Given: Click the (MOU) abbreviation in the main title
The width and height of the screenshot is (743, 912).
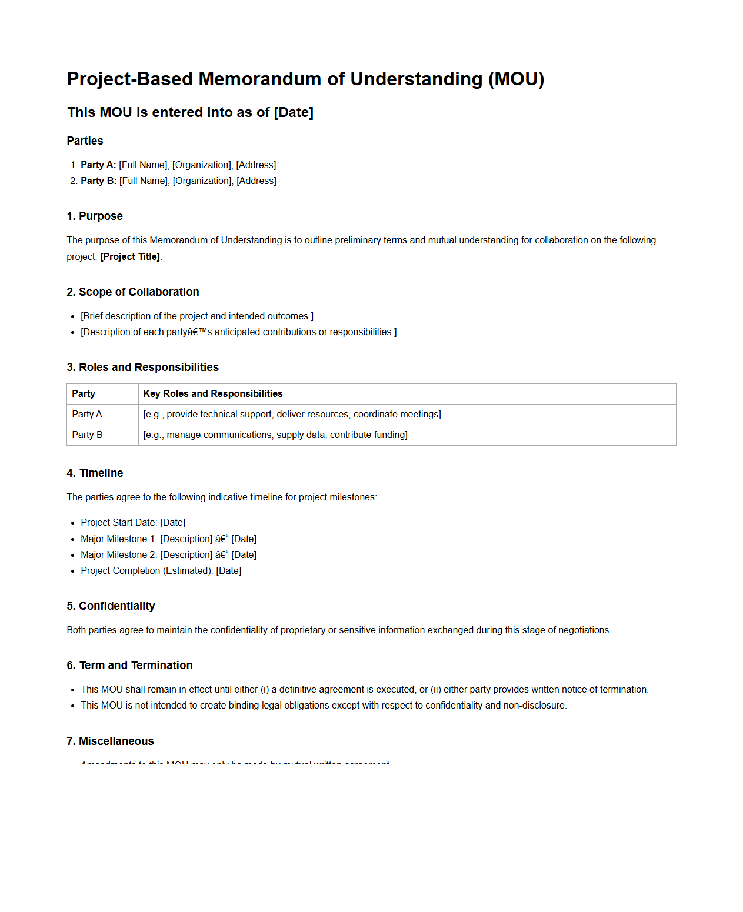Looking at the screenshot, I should tap(516, 79).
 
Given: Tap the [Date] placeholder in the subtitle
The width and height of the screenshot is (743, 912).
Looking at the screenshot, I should tap(293, 112).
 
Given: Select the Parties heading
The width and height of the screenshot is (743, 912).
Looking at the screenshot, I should tap(85, 141).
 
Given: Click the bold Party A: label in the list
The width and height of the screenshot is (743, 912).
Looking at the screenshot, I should tap(98, 165).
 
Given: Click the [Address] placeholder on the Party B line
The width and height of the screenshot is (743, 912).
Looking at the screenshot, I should tap(256, 181).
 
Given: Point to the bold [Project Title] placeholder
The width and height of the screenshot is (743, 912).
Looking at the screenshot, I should tap(130, 257).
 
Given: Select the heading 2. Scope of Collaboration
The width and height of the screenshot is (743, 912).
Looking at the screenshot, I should tap(132, 292).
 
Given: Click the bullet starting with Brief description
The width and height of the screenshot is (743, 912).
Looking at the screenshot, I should tap(196, 316).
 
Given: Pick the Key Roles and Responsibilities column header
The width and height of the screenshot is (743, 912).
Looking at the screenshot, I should tap(212, 394).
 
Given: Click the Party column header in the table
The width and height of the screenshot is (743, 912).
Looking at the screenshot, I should tap(84, 394).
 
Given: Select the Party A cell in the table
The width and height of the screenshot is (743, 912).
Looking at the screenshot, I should tap(87, 415).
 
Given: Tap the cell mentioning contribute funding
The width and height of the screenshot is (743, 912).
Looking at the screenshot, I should tap(275, 435).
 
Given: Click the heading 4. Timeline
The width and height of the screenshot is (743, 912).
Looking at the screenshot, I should tap(95, 473).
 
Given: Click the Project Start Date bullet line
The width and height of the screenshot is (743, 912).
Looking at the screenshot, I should tap(132, 523).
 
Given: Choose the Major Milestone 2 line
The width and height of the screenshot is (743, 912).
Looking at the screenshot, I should tap(168, 555).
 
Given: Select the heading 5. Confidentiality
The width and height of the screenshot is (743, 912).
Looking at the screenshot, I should tap(111, 606).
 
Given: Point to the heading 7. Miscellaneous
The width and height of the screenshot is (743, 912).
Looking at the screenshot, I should tap(110, 741).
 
